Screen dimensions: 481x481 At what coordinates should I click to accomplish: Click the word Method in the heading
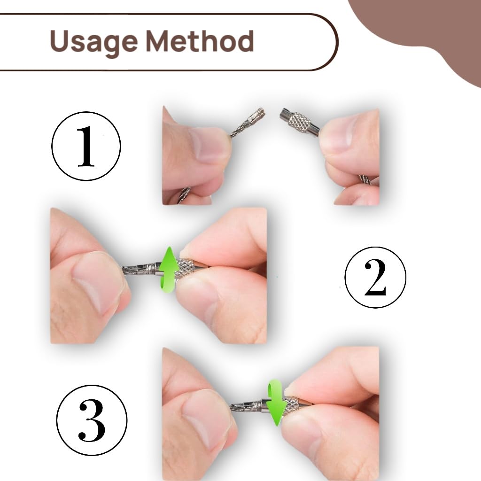tap(200, 41)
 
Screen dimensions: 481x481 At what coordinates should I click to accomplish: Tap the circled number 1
tap(86, 146)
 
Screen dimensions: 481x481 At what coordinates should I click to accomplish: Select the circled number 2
tap(375, 277)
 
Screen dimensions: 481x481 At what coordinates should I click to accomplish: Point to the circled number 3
tap(92, 420)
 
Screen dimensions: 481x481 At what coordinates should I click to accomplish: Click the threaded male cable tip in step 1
tap(256, 116)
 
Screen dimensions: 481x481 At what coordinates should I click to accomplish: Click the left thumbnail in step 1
tap(209, 144)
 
